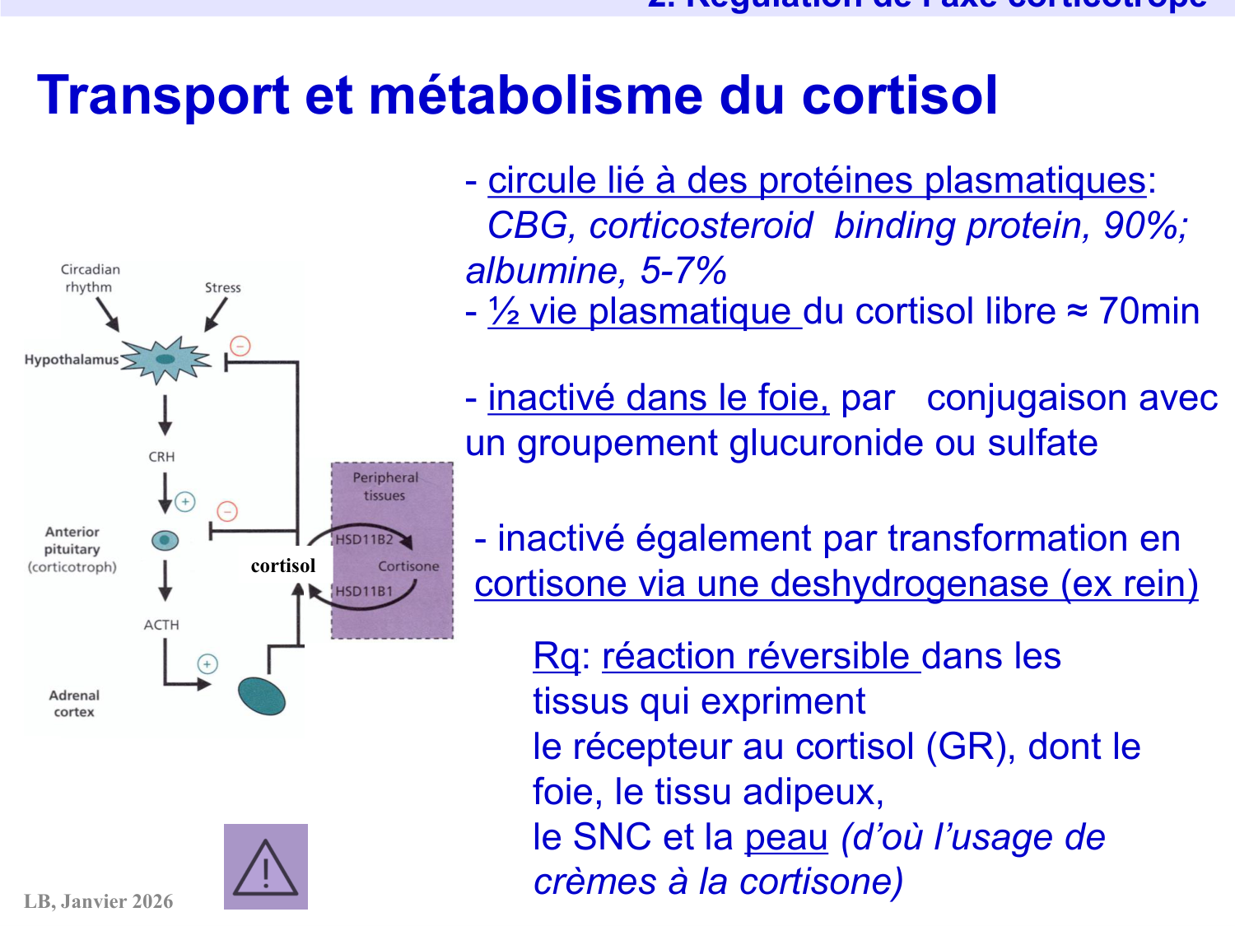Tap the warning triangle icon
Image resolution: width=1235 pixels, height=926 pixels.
(x=265, y=868)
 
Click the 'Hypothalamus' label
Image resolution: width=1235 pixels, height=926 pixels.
(x=72, y=360)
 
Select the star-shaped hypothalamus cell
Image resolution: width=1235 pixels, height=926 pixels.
(x=166, y=360)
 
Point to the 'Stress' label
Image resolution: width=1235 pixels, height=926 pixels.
(x=222, y=287)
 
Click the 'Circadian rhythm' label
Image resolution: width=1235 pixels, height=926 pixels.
(x=90, y=278)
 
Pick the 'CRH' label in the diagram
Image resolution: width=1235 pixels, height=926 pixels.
(x=161, y=457)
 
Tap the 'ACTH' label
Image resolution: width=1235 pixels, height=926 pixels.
(x=161, y=625)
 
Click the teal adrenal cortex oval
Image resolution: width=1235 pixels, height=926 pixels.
(x=261, y=696)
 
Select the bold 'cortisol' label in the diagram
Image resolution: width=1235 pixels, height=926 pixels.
(x=283, y=565)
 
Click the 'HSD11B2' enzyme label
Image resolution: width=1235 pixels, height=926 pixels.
(x=364, y=540)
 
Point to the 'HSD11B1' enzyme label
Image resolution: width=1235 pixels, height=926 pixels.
(x=364, y=591)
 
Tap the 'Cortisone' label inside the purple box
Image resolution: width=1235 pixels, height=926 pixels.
(x=408, y=566)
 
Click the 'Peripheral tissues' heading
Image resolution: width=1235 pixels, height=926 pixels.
(x=385, y=486)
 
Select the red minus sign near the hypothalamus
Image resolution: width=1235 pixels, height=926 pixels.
(x=240, y=346)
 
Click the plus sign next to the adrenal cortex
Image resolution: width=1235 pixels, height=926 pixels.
(x=207, y=663)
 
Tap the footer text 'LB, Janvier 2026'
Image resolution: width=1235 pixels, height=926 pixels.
(x=99, y=901)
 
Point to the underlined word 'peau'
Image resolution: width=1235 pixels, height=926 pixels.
(x=785, y=837)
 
